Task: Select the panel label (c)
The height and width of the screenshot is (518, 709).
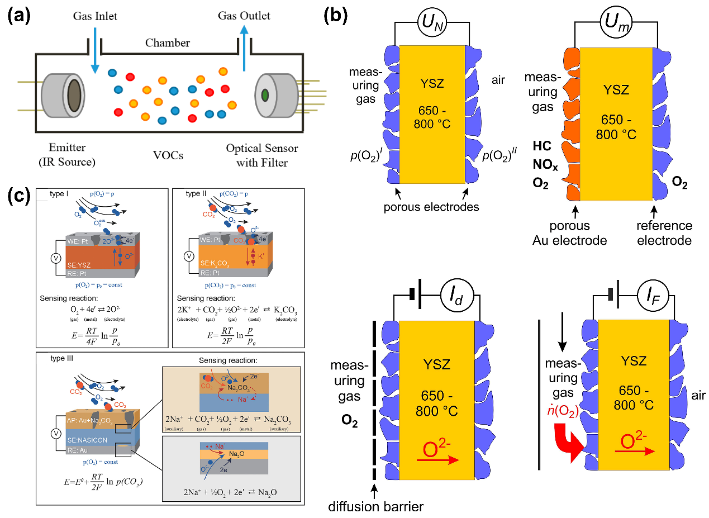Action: tap(18, 196)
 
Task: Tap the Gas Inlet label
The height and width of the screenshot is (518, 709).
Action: tap(95, 16)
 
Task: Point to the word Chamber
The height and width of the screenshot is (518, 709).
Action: tap(168, 43)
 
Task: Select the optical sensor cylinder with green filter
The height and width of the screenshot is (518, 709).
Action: tap(274, 94)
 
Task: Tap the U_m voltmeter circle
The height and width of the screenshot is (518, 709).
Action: tap(615, 23)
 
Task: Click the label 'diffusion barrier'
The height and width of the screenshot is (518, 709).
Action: tap(376, 507)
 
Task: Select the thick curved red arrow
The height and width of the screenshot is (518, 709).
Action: tap(568, 445)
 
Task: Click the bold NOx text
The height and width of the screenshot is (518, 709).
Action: tap(545, 166)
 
